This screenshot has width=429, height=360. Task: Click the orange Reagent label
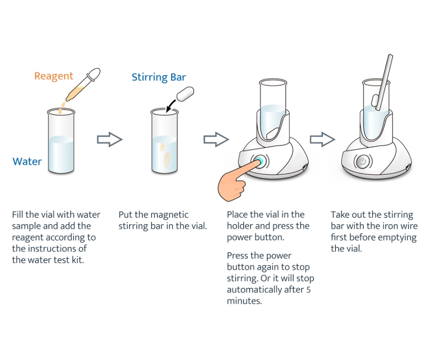53,76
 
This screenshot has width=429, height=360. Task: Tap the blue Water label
27,162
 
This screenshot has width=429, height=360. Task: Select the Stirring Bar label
159,77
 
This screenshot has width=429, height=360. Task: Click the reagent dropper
83,85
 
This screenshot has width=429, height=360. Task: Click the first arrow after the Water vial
110,140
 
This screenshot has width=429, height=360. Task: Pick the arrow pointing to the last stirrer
322,140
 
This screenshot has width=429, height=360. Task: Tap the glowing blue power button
259,161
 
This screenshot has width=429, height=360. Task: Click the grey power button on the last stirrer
363,161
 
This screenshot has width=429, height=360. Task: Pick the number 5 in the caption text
309,290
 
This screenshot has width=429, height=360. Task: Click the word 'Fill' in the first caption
19,215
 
